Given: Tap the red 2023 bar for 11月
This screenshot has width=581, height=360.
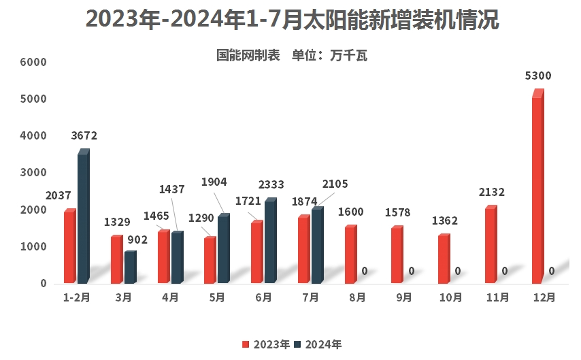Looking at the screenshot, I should [x=491, y=245].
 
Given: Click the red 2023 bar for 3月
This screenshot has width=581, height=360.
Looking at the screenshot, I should [x=116, y=260].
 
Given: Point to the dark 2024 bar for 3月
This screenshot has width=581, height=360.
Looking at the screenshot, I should [x=129, y=267].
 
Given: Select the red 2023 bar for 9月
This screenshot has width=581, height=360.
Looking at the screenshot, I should [x=397, y=255].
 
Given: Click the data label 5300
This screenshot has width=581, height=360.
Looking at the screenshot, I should [x=538, y=76].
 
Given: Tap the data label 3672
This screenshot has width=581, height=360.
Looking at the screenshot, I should [x=84, y=135].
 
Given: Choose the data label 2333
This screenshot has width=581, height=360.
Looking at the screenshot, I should [x=271, y=184].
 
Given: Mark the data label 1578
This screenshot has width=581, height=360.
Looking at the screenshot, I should [x=398, y=213].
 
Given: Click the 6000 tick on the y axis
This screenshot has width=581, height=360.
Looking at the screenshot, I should [x=33, y=63].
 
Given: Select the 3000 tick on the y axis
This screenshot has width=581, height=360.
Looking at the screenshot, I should [x=33, y=173].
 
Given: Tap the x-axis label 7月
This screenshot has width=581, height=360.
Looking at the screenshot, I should [x=310, y=297].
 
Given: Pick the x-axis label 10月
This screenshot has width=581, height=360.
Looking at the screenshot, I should [x=451, y=297].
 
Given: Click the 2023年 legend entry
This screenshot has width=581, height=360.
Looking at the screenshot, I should [x=267, y=344].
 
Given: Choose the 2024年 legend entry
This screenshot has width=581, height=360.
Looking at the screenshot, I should [x=318, y=344].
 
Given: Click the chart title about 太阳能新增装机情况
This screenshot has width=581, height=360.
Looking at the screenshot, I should [x=291, y=20].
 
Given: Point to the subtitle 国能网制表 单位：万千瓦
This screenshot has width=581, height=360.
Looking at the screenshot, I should [x=291, y=56].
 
